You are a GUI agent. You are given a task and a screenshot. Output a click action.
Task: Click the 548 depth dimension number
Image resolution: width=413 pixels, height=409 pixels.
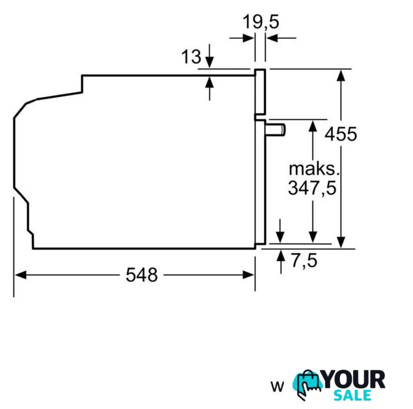142,275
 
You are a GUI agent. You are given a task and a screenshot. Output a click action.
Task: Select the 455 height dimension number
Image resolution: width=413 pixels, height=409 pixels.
341,134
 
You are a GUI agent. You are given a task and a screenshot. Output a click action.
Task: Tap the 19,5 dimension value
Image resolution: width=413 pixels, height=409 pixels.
260,22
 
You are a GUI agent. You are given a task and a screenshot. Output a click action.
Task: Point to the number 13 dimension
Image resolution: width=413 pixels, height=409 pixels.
191,57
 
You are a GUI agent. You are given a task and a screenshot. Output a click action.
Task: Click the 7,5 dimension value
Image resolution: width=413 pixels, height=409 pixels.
304,261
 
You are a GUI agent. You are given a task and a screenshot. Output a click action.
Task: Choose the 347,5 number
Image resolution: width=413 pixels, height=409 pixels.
313,188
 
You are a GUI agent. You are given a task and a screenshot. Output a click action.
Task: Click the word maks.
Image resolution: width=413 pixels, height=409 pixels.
314,169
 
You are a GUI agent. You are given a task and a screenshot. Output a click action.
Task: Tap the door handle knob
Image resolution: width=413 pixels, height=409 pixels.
276,130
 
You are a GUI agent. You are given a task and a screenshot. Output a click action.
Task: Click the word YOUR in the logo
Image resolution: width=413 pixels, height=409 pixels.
354,379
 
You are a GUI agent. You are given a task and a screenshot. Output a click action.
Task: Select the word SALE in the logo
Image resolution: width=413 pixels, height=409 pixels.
353,395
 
